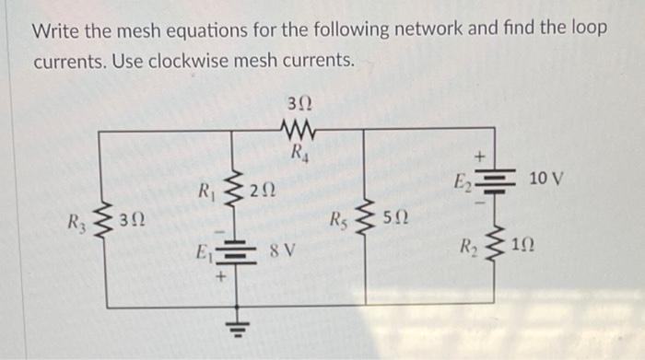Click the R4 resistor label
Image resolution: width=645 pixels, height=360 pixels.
click(x=299, y=153)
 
